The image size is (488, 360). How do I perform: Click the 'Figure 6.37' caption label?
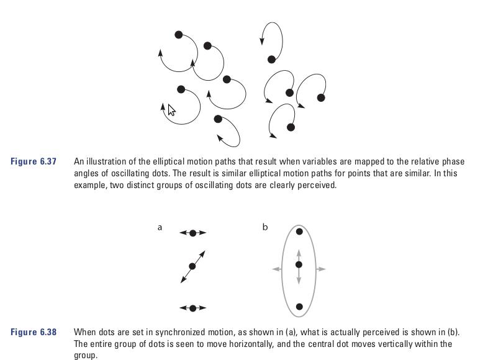point(34,161)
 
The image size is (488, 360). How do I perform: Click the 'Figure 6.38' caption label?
point(34,332)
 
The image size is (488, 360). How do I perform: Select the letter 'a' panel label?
point(160,227)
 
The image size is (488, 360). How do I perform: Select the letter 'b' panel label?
point(265,227)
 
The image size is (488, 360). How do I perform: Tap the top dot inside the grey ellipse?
point(299,232)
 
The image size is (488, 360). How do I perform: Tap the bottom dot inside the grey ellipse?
point(299,307)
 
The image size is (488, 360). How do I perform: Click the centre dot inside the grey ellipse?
point(299,265)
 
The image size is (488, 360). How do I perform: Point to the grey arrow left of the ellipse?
point(277,269)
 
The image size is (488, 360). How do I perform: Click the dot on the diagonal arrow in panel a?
point(192,266)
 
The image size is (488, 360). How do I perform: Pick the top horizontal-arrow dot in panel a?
point(192,233)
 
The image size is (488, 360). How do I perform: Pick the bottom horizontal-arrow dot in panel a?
point(192,308)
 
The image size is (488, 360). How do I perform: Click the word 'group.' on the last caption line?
point(86,356)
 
